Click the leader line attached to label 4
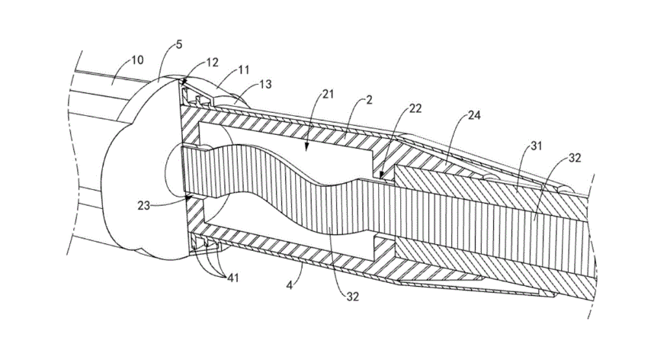pyautogui.click(x=300, y=274)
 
